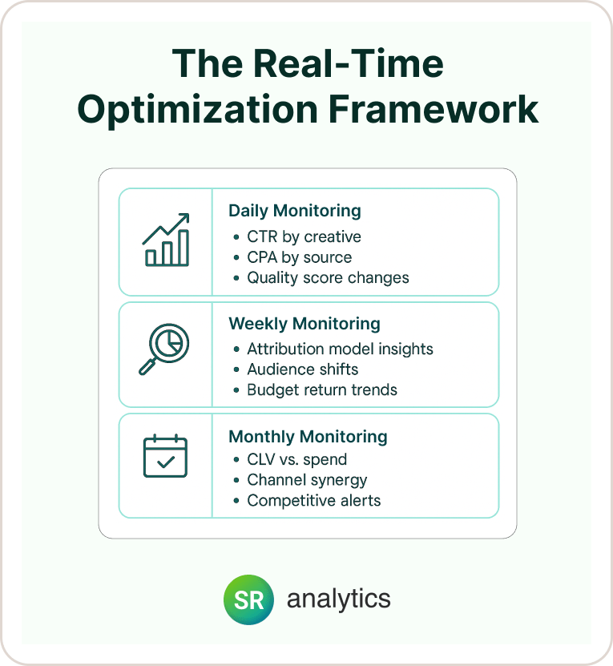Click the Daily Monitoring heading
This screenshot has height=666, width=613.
pos(295,211)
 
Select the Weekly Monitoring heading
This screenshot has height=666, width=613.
pos(304,324)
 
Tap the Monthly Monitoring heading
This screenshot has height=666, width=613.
pos(308,437)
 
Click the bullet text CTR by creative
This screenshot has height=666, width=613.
pos(304,236)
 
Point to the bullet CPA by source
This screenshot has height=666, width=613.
pos(300,257)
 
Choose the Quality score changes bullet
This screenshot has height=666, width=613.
pos(328,278)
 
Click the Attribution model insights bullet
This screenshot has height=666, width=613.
pos(340,349)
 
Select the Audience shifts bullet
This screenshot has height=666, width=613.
pos(302,369)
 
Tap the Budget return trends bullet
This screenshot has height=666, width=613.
pos(322,390)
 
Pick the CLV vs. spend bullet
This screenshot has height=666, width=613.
pos(297,459)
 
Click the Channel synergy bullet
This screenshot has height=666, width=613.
pos(307,480)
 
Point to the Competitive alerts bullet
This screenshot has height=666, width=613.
pos(314,501)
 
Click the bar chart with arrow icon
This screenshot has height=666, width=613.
pos(166,240)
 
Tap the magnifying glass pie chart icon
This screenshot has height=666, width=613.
pos(164,349)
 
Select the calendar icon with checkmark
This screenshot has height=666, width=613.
pos(165,456)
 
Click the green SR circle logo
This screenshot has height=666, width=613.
pos(248,599)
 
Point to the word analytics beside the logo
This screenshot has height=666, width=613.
pos(339,599)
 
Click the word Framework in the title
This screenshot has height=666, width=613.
pos(434,109)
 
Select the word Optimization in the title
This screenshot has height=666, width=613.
pos(198,111)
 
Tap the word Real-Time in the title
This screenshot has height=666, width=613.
pos(349,63)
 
